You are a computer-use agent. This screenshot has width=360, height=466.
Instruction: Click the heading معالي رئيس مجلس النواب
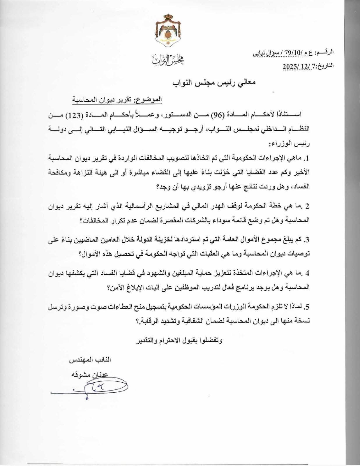[x=215, y=83]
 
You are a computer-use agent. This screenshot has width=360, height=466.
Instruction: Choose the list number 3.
[x=306, y=240]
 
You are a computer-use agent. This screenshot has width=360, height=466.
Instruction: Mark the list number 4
[x=306, y=273]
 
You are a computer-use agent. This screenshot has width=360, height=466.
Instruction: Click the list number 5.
[x=306, y=307]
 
